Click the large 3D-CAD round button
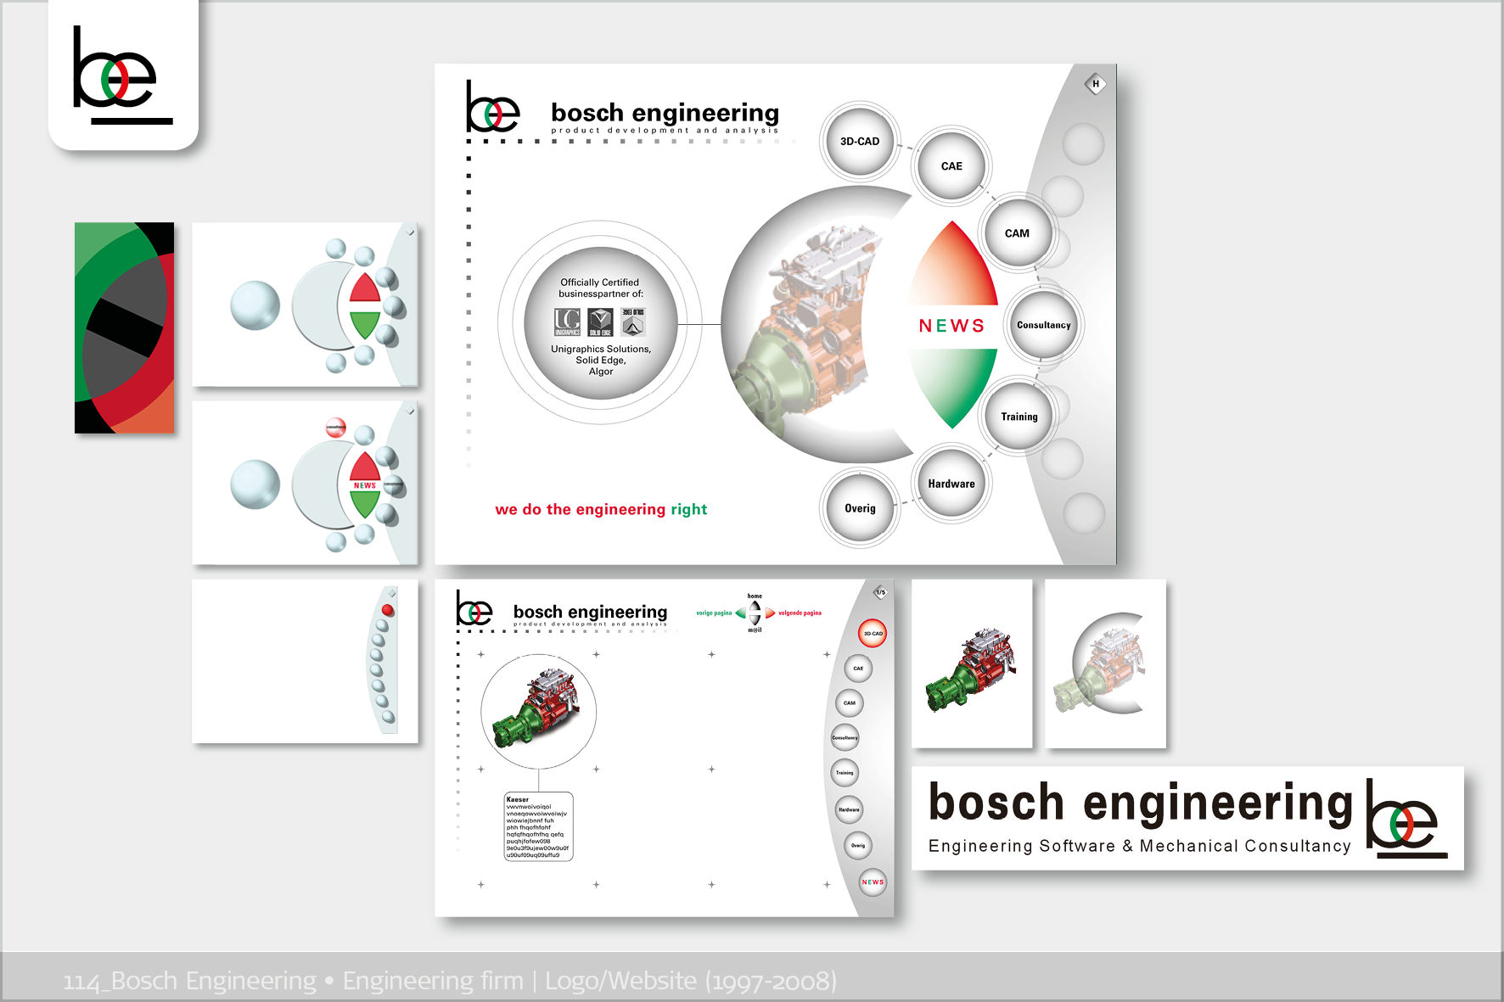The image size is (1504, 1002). click(x=860, y=142)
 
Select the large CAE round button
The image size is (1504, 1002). click(x=951, y=166)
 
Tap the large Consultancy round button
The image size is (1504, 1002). click(x=1044, y=325)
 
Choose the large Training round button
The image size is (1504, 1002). click(x=1019, y=417)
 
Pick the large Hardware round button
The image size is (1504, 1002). click(x=951, y=484)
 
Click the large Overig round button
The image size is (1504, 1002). click(x=860, y=508)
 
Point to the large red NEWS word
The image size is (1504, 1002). click(x=951, y=326)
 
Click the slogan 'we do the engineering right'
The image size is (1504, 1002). click(x=601, y=509)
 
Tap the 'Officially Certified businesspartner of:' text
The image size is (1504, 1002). click(x=600, y=288)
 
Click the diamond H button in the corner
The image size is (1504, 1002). click(x=1096, y=84)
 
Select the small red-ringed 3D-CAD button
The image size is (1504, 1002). click(x=873, y=634)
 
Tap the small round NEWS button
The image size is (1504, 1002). click(x=873, y=882)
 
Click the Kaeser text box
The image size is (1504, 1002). click(x=538, y=827)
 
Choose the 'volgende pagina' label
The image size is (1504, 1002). click(x=800, y=613)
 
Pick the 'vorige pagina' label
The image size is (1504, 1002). click(x=714, y=613)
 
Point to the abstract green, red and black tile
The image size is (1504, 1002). click(x=124, y=327)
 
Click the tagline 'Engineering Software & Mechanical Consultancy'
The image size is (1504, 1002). click(x=1139, y=846)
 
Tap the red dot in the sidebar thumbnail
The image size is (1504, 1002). click(x=388, y=610)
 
